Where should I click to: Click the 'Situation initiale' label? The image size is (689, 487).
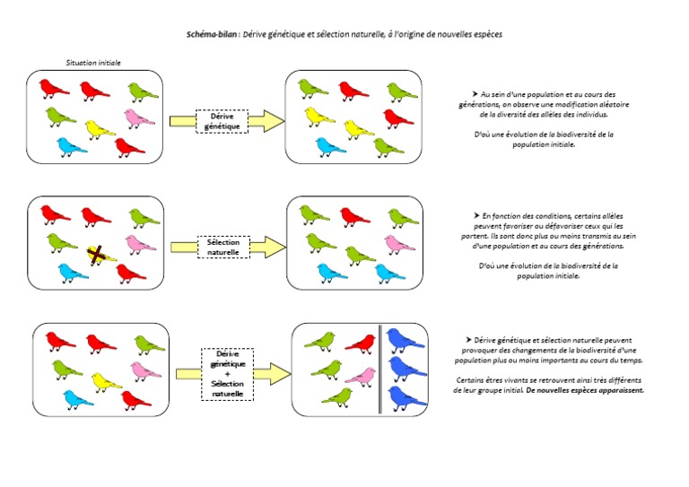[x=94, y=63]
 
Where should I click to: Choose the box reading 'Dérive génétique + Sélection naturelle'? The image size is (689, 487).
[x=228, y=371]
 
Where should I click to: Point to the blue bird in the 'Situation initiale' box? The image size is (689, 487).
[x=72, y=145]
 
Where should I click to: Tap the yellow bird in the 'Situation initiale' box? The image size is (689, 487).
[x=100, y=129]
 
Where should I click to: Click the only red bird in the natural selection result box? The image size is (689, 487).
[x=353, y=215]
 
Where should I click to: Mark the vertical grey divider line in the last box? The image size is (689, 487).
[x=380, y=370]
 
